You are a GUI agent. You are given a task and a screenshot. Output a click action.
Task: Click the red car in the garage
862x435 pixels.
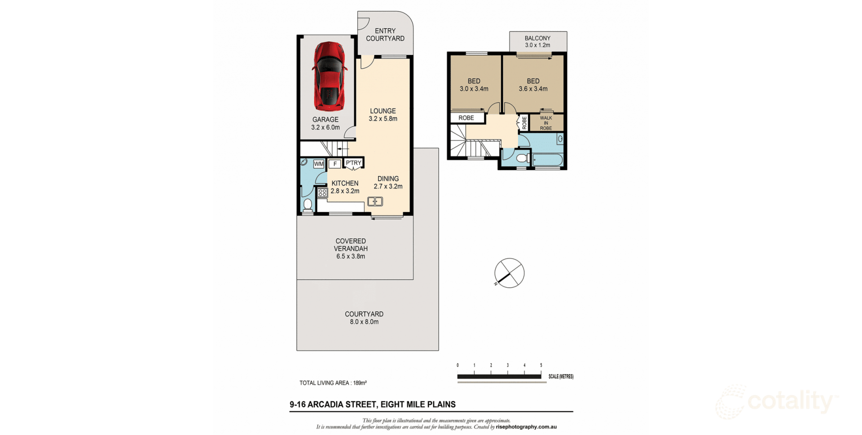[329, 76]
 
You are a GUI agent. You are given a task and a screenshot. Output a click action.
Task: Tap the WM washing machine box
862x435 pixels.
[319, 164]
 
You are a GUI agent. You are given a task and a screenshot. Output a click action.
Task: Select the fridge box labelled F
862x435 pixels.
[334, 164]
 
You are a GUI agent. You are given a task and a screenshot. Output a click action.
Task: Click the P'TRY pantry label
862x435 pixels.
[353, 163]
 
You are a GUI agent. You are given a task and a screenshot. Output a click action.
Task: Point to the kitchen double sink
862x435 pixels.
[375, 201]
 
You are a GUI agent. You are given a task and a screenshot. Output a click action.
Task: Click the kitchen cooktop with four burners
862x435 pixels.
[322, 193]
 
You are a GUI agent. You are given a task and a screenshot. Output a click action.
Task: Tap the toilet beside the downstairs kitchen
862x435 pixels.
[308, 205]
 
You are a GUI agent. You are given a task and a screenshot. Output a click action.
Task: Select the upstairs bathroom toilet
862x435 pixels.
[522, 158]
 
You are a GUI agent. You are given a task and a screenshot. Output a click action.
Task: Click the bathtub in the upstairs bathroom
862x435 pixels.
[547, 160]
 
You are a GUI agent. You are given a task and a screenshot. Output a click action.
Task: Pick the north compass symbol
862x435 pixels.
[509, 273]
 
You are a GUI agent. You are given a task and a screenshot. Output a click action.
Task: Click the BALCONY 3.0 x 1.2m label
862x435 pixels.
[537, 42]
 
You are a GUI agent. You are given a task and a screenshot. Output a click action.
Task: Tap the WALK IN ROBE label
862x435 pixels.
[546, 123]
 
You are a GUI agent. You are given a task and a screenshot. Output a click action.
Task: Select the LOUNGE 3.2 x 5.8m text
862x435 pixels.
[383, 115]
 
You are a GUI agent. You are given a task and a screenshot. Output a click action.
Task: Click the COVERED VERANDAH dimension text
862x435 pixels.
[351, 257]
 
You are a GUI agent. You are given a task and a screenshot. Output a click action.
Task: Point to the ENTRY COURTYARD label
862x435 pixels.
[385, 35]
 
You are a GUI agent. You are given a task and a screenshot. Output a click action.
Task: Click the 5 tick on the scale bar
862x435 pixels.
[541, 365]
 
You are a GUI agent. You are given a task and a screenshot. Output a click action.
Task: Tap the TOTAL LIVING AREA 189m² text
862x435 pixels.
[333, 383]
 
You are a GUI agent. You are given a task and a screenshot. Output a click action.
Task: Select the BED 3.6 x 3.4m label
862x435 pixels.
[533, 85]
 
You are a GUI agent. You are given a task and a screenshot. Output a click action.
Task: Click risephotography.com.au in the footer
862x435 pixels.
[526, 427]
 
